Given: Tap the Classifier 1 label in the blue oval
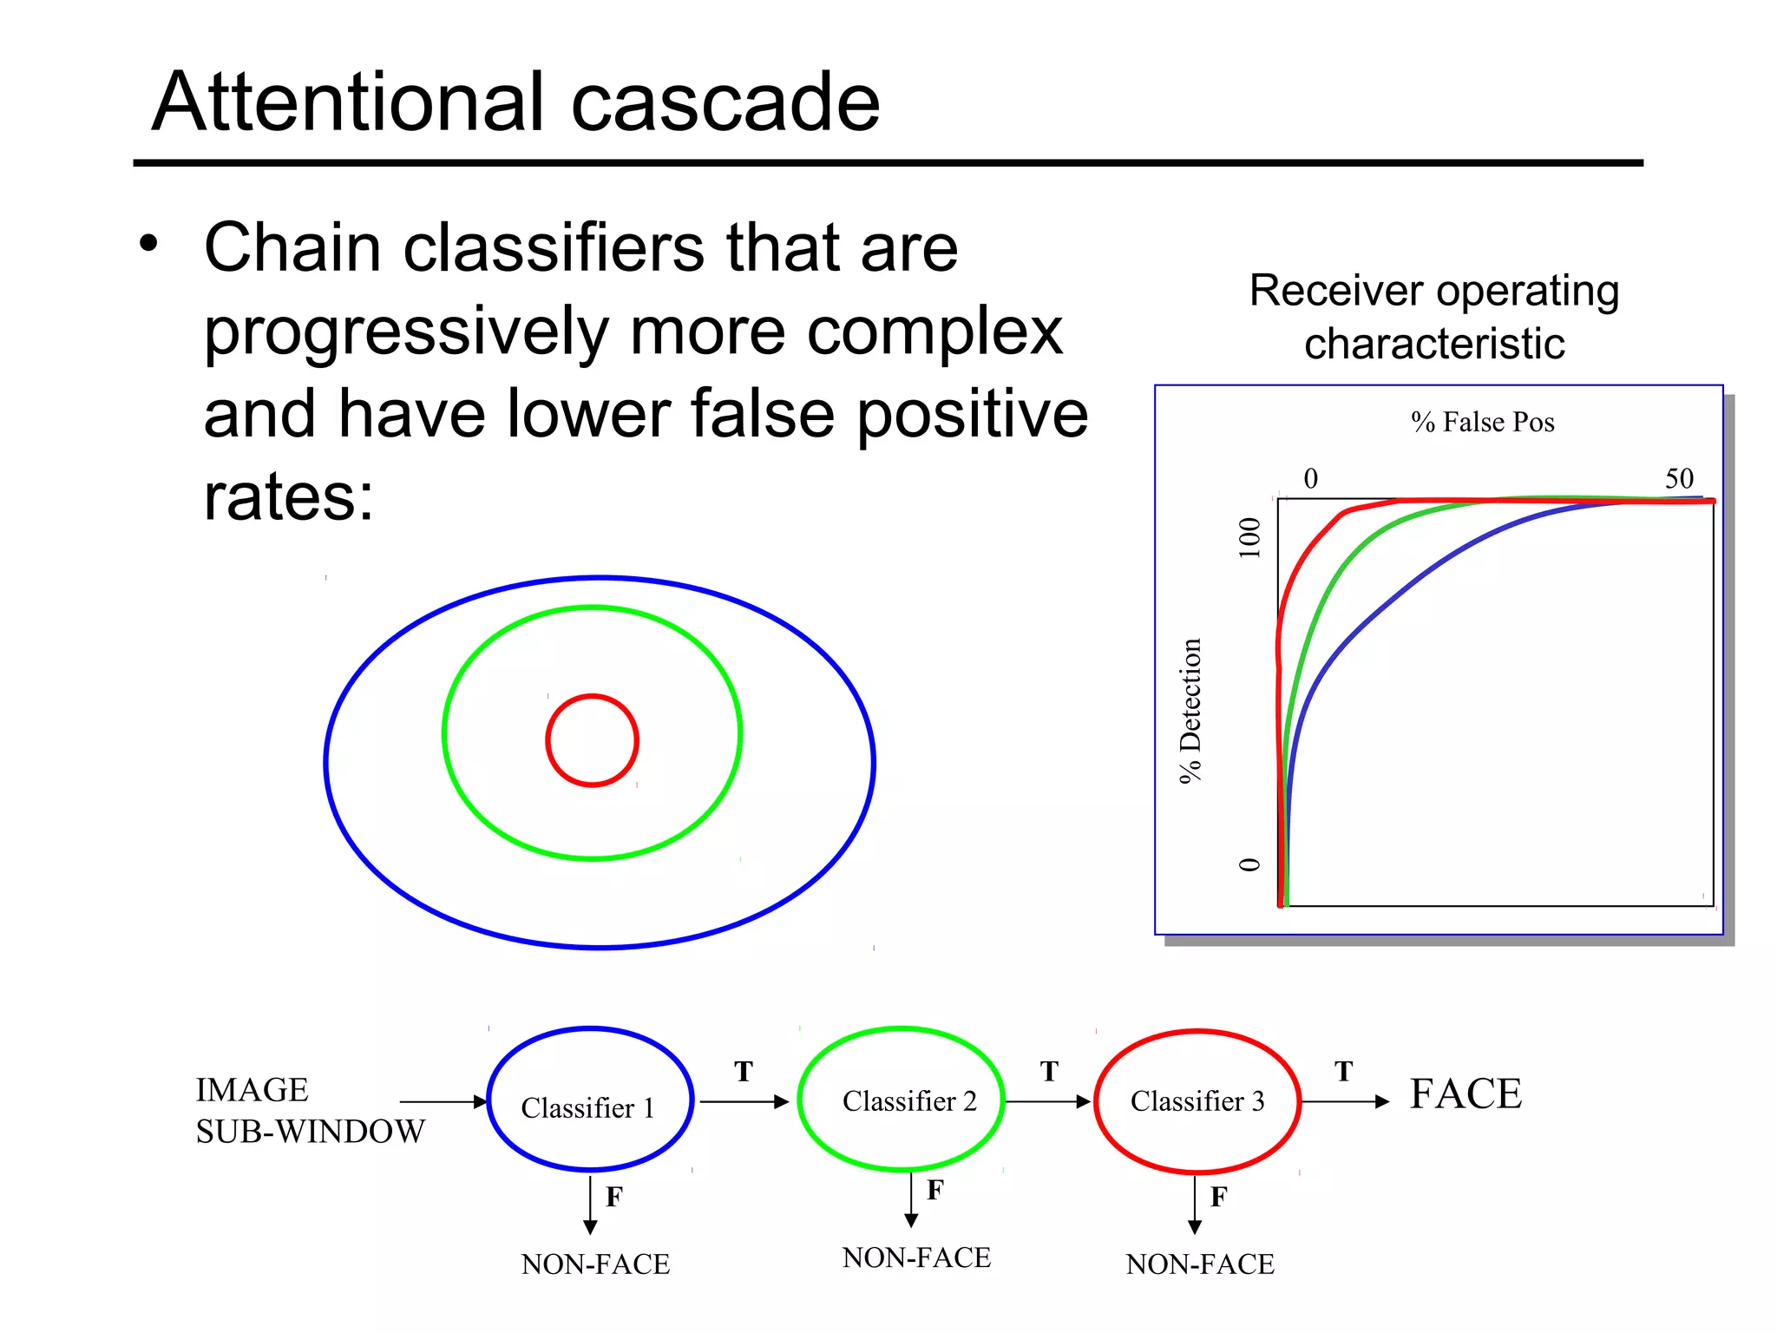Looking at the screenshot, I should pos(587,1108).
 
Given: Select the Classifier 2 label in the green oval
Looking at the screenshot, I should pos(908,1101).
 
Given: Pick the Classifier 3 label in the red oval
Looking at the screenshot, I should pos(1197,1101).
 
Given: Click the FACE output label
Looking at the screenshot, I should pos(1465,1093).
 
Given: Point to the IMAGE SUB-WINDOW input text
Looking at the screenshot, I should pos(309,1111).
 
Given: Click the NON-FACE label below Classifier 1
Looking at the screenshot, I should pos(595,1264).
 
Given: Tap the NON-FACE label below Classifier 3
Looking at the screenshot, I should pos(1199,1264).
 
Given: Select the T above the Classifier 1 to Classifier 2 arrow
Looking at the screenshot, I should pos(743,1072).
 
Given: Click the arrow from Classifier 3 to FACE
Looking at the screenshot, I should pos(1345,1101).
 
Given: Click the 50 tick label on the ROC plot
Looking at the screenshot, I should pos(1679,478).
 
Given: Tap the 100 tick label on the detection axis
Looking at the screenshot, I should pos(1249,537).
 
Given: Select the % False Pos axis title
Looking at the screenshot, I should pos(1482,423).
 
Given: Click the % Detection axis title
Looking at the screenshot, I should pos(1190,710).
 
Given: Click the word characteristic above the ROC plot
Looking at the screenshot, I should pos(1433,344).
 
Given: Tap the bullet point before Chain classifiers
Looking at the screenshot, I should pos(149,244).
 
